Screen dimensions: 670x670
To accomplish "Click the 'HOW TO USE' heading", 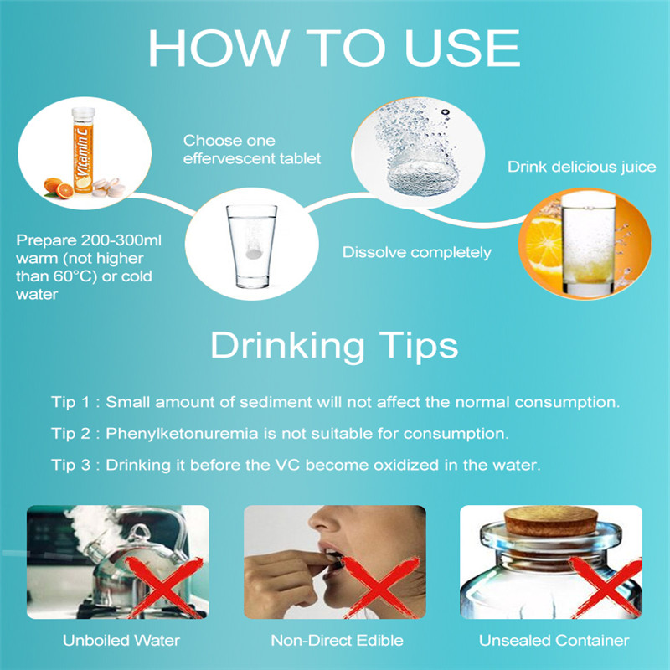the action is pos(333,48).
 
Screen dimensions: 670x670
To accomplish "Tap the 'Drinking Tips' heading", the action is pos(334,345).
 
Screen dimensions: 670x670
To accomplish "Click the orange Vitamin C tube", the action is pos(83,150).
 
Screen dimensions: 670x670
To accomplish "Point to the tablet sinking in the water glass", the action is pos(254,254).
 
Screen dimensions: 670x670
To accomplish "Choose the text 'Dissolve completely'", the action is pos(416,252).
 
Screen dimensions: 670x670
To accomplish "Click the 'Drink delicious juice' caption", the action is pos(581,167).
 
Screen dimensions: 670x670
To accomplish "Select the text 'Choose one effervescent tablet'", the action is pos(252,150).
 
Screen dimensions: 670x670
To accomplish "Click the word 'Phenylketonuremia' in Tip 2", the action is pos(182,434).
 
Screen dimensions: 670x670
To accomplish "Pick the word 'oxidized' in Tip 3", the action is pos(406,465).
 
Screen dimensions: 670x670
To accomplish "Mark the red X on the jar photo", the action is pos(606,588).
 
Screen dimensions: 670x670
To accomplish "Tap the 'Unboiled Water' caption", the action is pos(121,640).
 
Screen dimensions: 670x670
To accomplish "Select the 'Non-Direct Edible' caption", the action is pos(338,640).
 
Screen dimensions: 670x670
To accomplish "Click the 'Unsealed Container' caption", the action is pos(554,640).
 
